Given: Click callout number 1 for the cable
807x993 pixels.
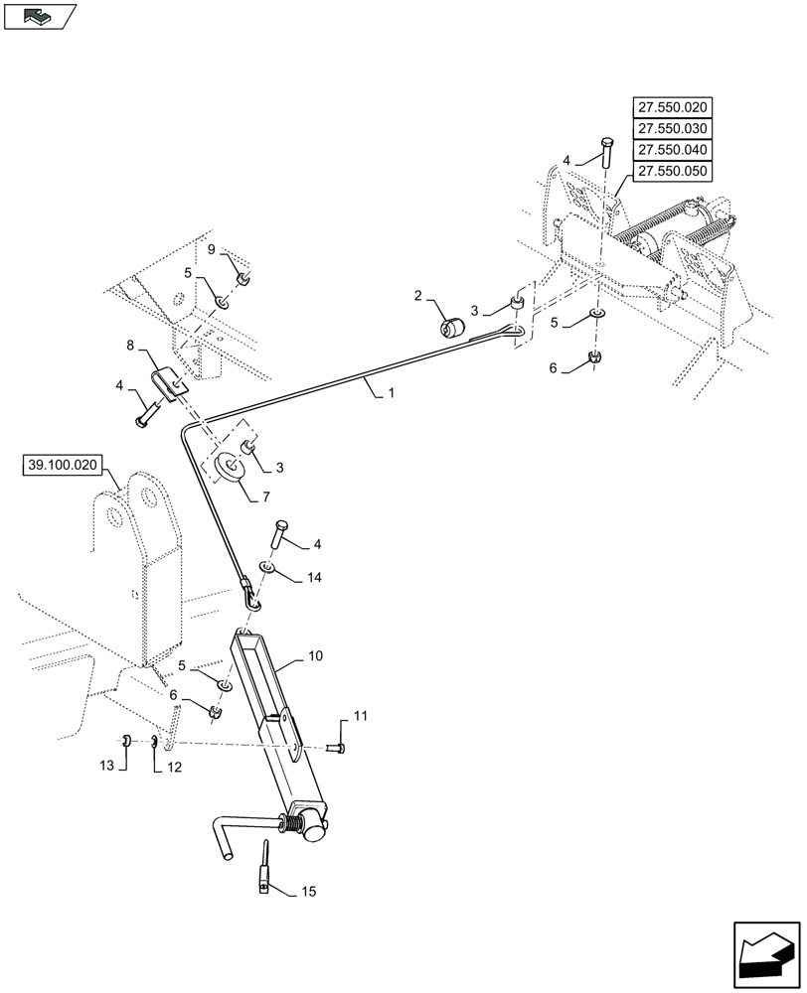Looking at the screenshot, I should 392,394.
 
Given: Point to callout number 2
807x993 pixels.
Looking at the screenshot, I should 418,295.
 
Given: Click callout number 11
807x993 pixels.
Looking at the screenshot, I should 360,715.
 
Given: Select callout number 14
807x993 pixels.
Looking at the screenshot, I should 315,577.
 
